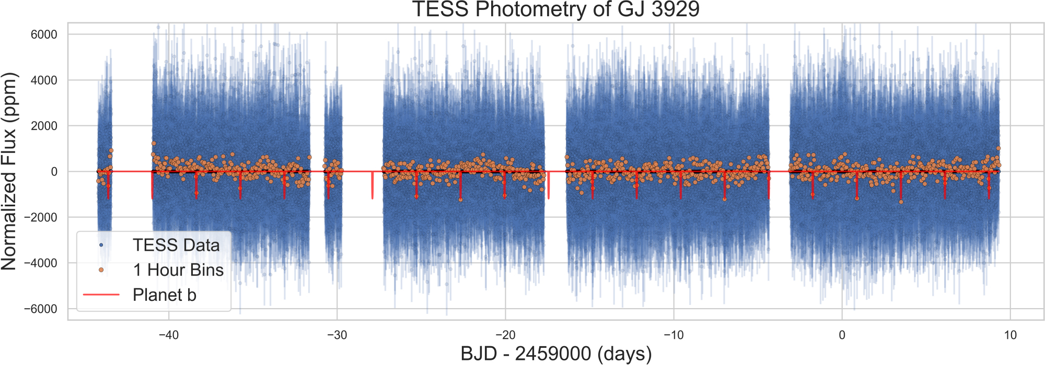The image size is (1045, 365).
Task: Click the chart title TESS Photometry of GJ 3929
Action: coord(556,9)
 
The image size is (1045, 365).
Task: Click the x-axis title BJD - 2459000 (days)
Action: coord(556,354)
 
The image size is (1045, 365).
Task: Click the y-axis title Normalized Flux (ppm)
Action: coord(9,171)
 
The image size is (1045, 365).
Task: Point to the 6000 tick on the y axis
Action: coord(44,34)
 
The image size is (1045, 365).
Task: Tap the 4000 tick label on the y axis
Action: coord(44,80)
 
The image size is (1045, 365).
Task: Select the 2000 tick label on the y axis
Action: coord(44,126)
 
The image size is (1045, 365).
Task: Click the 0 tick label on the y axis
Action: coord(54,172)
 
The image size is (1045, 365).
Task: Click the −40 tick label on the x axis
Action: coord(168,335)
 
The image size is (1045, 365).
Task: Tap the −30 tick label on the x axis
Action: coord(336,335)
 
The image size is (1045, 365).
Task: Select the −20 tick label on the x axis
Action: coord(505,335)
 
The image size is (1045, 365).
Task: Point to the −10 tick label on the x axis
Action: coord(673,335)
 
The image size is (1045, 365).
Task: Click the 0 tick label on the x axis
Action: coord(842,335)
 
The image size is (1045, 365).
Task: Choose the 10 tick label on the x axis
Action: coord(1010,335)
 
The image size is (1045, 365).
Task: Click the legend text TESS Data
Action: coord(176,245)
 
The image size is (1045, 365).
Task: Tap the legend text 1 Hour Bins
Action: coord(178,270)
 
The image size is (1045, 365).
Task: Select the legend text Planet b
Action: coord(164,295)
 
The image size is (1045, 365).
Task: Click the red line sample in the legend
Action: coord(101,295)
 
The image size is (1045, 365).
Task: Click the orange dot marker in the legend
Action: coord(101,270)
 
